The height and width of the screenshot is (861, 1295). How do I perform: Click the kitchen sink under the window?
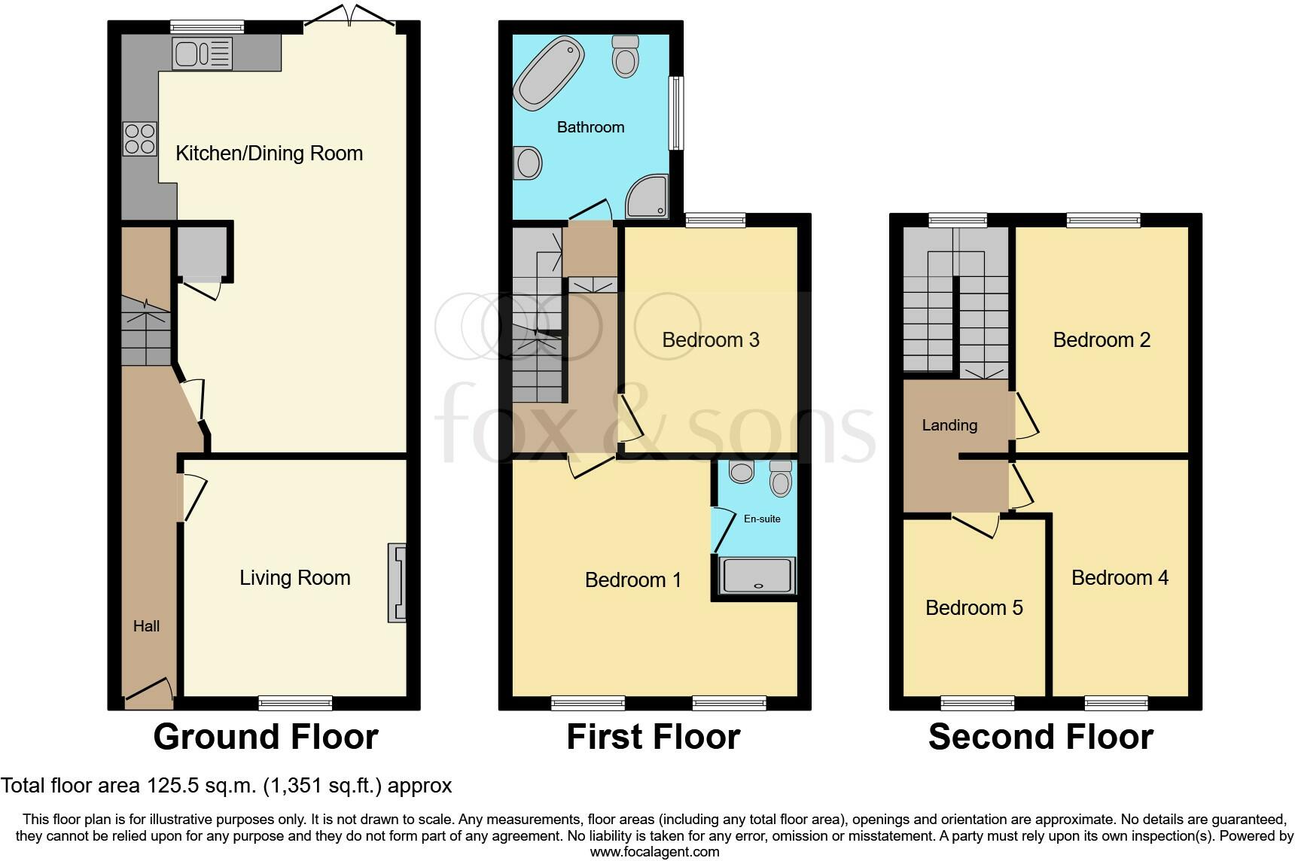point(202,53)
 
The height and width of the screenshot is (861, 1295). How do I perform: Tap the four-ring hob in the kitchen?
point(139,138)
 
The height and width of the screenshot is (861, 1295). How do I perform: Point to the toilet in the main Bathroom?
point(626,56)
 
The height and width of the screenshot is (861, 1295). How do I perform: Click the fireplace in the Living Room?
point(397,583)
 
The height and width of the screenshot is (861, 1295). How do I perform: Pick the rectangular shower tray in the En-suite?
point(757,576)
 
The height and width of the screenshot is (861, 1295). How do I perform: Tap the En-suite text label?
point(762,519)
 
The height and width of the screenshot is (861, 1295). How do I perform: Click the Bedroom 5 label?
point(974,607)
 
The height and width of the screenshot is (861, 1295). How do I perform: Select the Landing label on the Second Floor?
point(949,425)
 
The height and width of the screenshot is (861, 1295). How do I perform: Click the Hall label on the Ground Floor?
point(146,625)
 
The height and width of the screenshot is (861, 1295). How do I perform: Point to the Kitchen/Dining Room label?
point(269,154)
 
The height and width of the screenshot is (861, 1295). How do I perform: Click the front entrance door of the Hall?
point(148,692)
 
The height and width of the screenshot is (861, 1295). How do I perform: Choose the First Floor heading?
point(653,737)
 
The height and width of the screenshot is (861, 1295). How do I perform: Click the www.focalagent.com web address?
point(654,852)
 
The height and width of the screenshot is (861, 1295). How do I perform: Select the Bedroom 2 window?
point(1103,221)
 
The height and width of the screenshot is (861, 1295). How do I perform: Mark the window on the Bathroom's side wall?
point(677,113)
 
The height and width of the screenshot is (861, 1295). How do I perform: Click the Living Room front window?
point(295,703)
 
